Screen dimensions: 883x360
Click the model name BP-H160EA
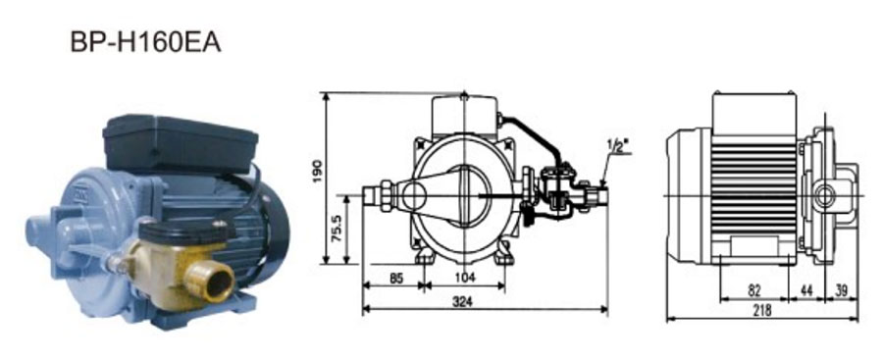(x=145, y=42)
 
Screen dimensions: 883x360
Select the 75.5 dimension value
(x=338, y=228)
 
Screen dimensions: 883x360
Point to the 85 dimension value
(x=396, y=278)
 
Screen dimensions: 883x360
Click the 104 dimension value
(x=465, y=278)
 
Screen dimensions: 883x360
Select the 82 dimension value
(x=754, y=290)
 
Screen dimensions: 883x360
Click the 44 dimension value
(x=806, y=290)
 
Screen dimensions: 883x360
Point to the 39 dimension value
(x=842, y=290)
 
